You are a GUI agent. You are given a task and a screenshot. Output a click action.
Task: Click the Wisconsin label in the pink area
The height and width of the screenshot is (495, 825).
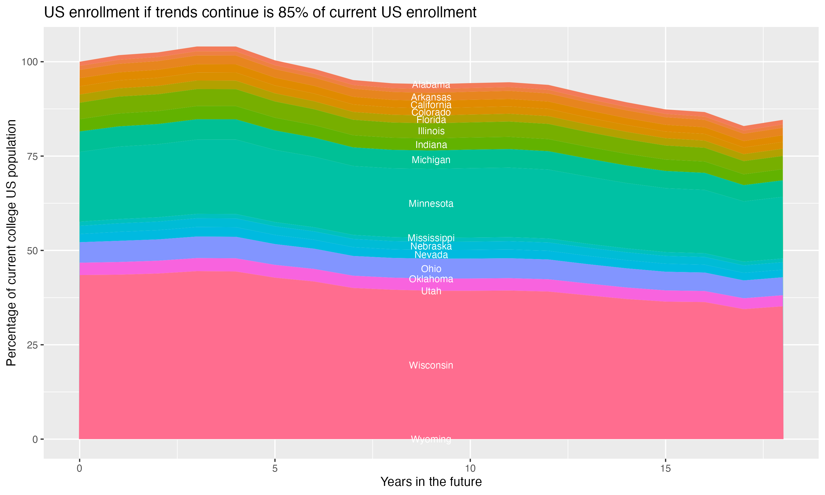point(431,365)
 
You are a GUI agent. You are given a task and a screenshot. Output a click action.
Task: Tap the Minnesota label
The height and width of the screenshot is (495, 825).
point(431,204)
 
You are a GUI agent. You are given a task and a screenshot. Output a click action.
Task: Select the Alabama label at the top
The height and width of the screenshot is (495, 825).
point(431,85)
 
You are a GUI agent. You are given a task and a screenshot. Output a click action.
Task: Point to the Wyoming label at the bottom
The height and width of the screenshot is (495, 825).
point(431,439)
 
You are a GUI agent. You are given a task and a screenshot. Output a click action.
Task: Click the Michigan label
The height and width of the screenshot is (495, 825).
point(431,160)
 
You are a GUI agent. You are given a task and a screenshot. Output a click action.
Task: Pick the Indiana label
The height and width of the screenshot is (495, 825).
point(431,145)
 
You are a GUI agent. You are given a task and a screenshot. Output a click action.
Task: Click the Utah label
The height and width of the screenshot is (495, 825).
point(431,291)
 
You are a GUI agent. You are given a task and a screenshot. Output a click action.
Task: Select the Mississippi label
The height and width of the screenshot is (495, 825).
point(431,238)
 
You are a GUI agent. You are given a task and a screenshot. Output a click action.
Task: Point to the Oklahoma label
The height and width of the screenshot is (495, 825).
point(431,279)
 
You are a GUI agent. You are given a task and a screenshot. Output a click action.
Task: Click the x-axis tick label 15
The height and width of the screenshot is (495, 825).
point(665,469)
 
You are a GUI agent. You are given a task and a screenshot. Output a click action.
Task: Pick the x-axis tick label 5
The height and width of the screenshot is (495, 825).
point(275,469)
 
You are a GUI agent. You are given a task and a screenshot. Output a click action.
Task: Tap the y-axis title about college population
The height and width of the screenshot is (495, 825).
point(11,243)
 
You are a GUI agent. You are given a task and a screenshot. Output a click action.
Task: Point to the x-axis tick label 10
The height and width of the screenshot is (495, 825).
point(470,469)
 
